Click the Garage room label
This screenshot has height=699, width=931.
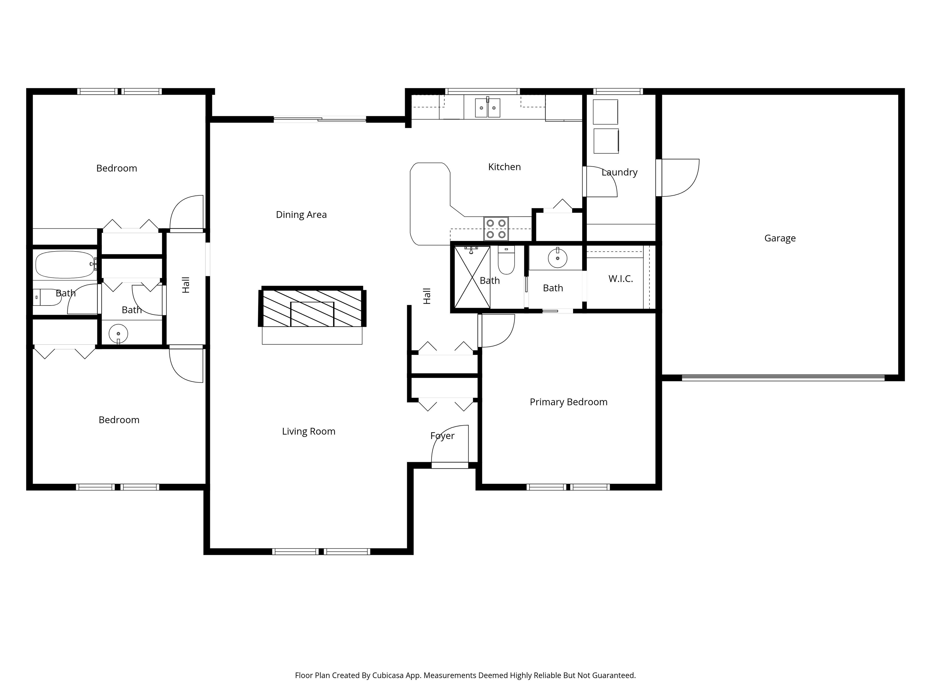[779, 238]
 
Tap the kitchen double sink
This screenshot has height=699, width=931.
[487, 108]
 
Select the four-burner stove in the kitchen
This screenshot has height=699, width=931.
[496, 229]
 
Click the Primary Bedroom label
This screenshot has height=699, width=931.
[568, 402]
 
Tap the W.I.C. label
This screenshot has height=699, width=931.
[620, 279]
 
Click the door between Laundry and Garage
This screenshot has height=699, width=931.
[679, 178]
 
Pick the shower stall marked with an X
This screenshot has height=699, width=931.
[472, 277]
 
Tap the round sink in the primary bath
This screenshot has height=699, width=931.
[557, 258]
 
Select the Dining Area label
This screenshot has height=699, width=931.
[301, 215]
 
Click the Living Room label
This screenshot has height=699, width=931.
[309, 431]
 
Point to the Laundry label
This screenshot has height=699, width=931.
[619, 172]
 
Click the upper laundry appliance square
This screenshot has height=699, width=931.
[605, 112]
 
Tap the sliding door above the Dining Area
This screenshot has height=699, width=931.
[320, 120]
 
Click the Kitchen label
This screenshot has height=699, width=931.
[504, 167]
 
